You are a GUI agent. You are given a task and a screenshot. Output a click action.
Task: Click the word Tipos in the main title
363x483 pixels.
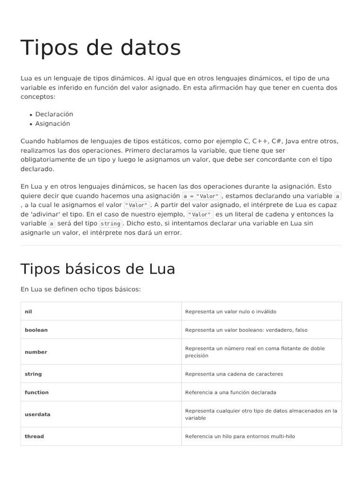pos(48,48)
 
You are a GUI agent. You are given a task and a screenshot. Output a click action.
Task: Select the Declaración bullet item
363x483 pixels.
pos(54,114)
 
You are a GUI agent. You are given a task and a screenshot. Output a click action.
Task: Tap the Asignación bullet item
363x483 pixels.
pos(52,124)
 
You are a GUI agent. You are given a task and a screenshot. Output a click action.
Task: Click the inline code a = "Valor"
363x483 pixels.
pos(201,196)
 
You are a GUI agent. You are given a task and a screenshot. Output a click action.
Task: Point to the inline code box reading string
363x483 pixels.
pos(111,224)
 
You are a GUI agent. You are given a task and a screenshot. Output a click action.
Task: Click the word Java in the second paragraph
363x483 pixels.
pos(294,141)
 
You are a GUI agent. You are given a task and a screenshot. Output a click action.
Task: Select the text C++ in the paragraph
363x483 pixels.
pos(260,141)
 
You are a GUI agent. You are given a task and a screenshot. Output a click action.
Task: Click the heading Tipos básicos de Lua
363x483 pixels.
pos(97,269)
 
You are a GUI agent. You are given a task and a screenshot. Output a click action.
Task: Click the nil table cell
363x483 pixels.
pos(28,312)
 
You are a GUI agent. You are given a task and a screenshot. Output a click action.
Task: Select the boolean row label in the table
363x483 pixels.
pos(36,330)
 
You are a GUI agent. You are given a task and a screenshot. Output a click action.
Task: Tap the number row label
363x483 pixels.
pos(36,352)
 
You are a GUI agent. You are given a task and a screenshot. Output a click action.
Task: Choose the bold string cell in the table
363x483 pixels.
pos(33,374)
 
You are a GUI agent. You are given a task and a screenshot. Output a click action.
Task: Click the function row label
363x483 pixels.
pos(36,392)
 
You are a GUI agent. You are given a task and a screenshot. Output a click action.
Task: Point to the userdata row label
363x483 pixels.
pos(37,415)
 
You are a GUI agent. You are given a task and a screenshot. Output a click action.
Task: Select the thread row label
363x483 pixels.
pos(34,437)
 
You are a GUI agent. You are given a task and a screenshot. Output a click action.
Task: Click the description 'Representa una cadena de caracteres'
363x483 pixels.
pos(234,374)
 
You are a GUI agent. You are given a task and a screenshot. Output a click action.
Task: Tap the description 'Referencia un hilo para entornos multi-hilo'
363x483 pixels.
pos(240,437)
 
